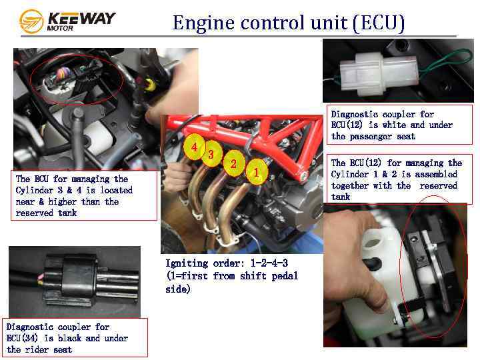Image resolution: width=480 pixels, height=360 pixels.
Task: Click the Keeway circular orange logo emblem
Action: tap(31, 21)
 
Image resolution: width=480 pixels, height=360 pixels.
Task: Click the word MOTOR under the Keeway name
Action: tap(60, 28)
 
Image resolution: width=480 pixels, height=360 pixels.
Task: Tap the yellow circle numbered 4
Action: tap(194, 147)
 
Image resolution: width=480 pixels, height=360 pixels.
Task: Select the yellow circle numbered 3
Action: tap(211, 154)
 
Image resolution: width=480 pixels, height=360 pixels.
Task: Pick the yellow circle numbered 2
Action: tap(233, 163)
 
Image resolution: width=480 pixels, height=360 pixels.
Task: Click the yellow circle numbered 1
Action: tap(257, 172)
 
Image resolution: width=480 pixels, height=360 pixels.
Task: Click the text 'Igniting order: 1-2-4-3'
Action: tap(227, 263)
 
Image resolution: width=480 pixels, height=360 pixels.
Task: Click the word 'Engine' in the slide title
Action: tap(203, 23)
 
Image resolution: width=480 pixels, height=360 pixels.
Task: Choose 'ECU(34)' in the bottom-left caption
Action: tap(22, 338)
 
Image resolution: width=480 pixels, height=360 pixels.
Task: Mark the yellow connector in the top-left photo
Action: tap(149, 85)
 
